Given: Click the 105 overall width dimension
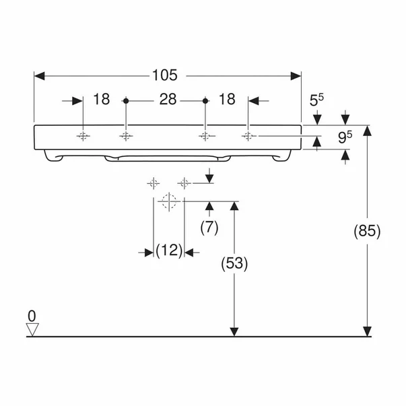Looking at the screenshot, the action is click(165, 75).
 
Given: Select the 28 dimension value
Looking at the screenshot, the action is click(168, 99).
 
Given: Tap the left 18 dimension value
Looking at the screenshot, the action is click(101, 99).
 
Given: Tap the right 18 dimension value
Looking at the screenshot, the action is click(227, 99).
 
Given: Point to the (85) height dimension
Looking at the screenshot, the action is click(367, 231).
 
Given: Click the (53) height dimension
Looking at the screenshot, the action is click(234, 263).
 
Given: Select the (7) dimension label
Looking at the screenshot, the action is click(209, 228).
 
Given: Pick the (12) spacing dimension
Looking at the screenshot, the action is click(169, 250).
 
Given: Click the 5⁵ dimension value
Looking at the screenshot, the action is click(316, 100).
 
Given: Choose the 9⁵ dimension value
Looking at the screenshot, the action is click(345, 137).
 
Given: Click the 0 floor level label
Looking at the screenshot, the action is click(32, 316).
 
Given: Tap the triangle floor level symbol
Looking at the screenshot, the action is click(32, 329).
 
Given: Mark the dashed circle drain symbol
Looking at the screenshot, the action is click(169, 201).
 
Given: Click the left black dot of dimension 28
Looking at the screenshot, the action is click(126, 101).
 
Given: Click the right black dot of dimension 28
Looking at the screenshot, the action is click(205, 101).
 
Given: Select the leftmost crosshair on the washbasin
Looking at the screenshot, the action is click(83, 136).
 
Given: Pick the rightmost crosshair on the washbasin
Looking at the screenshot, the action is click(248, 136).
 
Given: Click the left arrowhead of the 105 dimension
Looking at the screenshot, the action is click(39, 76).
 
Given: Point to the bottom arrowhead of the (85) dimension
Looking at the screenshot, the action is click(367, 331).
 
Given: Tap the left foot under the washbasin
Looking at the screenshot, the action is click(53, 156).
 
